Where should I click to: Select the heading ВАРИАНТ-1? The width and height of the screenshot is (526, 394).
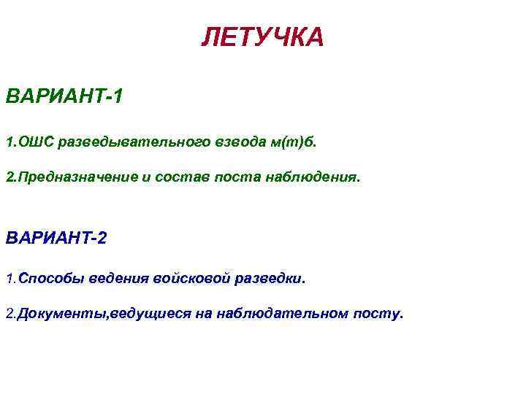(64, 96)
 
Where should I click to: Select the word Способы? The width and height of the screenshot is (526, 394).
(45, 279)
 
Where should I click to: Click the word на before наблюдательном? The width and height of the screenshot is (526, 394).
(205, 314)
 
